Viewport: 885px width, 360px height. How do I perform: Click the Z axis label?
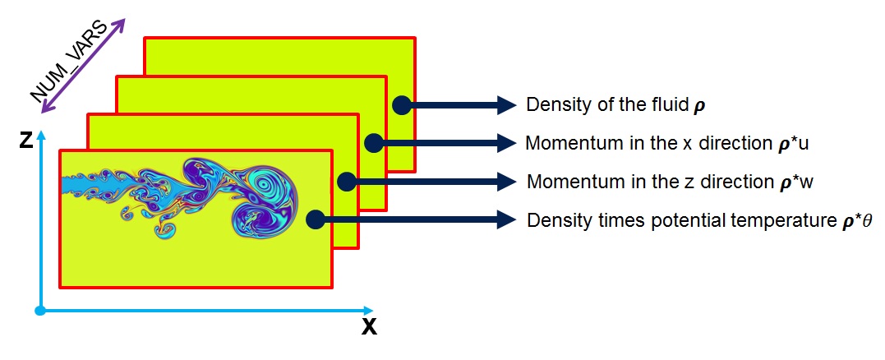point(26,141)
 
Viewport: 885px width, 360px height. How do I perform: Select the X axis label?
point(369,327)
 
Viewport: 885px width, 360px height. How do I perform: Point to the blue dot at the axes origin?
point(39,311)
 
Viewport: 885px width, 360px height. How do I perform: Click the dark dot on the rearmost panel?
point(401,104)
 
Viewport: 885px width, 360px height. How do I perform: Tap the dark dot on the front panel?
point(315,219)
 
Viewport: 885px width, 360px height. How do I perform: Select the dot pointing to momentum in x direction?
point(373,143)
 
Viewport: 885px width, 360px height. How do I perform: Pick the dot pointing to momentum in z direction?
point(346,181)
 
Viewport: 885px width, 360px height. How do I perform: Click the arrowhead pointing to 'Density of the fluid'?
point(503,104)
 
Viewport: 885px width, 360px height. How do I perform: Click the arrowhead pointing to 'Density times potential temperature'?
point(503,219)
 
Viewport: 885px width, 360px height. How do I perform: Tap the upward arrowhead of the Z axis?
point(39,132)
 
